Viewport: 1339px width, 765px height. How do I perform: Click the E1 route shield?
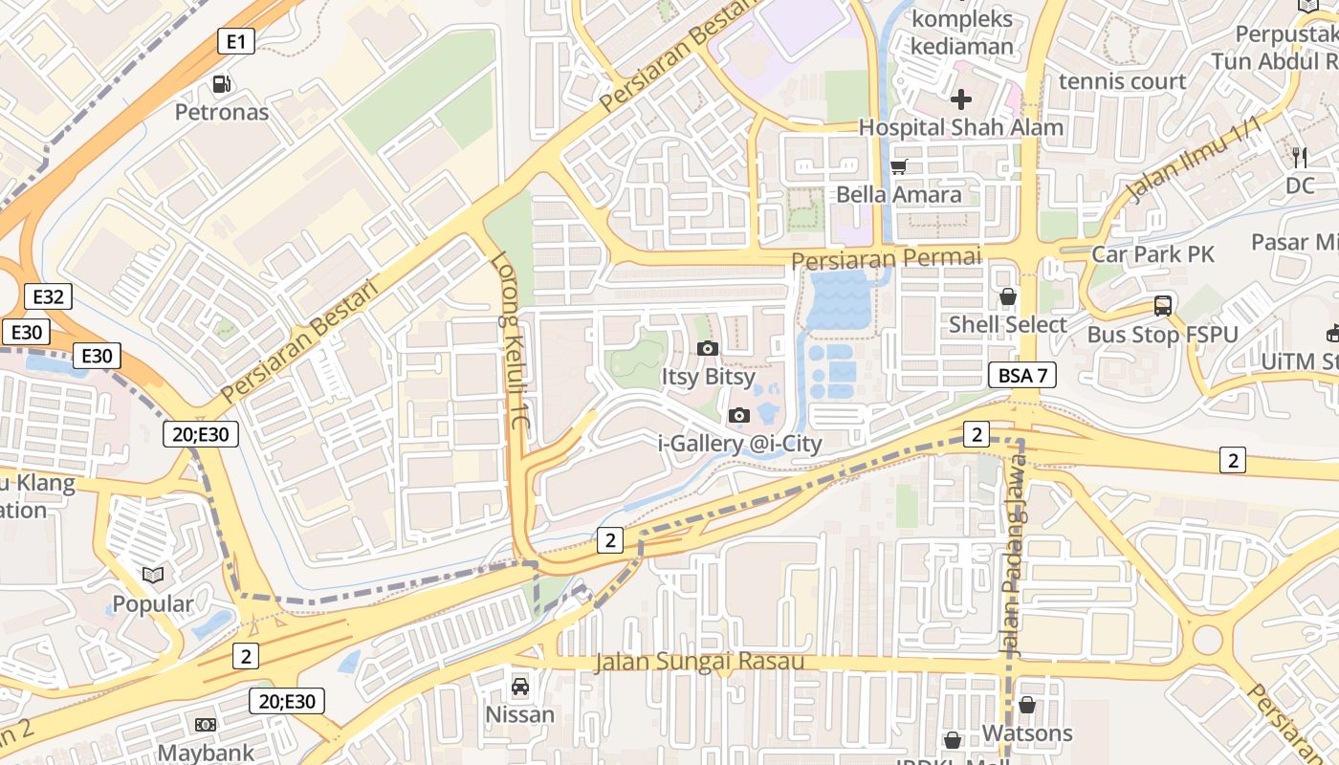pyautogui.click(x=236, y=41)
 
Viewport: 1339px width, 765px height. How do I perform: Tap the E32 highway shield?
pyautogui.click(x=48, y=296)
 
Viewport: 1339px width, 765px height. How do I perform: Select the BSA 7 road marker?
pyautogui.click(x=1021, y=375)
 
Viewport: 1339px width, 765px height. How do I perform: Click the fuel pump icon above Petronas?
pyautogui.click(x=222, y=84)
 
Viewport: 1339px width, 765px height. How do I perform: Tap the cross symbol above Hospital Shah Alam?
pyautogui.click(x=961, y=98)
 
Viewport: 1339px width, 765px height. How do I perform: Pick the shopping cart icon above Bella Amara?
pyautogui.click(x=898, y=167)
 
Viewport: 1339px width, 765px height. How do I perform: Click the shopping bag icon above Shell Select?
pyautogui.click(x=1007, y=297)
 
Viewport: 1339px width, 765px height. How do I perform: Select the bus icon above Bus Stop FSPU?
pyautogui.click(x=1163, y=306)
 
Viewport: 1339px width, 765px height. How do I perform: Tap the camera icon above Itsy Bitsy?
pyautogui.click(x=708, y=348)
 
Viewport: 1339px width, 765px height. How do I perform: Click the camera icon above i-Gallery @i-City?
pyautogui.click(x=739, y=415)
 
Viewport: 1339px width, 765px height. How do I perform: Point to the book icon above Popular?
pyautogui.click(x=153, y=575)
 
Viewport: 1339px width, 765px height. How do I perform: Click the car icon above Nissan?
pyautogui.click(x=519, y=686)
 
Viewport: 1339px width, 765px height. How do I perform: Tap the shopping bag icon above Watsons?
pyautogui.click(x=1026, y=705)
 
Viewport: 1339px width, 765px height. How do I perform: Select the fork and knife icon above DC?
pyautogui.click(x=1300, y=158)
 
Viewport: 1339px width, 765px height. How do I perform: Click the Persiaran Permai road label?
pyautogui.click(x=887, y=258)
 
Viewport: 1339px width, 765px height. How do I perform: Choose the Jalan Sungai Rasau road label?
pyautogui.click(x=698, y=662)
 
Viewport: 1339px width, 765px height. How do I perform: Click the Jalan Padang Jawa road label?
pyautogui.click(x=1014, y=555)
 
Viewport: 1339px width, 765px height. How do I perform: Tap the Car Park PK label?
pyautogui.click(x=1152, y=253)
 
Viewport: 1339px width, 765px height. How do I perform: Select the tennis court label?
pyautogui.click(x=1122, y=81)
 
